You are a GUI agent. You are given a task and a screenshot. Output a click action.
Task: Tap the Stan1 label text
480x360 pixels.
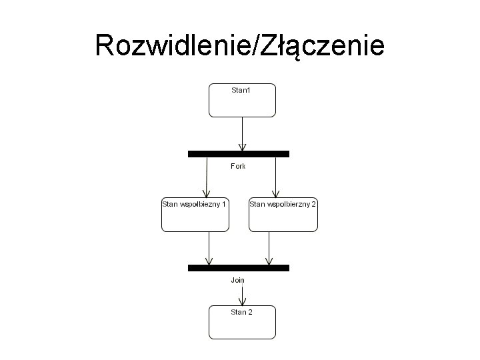[x=241, y=89]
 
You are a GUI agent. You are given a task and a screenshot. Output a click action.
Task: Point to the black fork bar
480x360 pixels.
[x=238, y=153]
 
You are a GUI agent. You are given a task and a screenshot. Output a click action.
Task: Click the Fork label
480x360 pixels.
[x=238, y=166]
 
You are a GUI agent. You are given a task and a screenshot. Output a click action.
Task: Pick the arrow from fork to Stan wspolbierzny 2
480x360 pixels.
[x=275, y=177]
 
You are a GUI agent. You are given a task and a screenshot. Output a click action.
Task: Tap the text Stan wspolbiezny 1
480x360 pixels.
[x=195, y=203]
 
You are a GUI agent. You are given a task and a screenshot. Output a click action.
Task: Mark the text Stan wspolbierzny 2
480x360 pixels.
[x=283, y=203]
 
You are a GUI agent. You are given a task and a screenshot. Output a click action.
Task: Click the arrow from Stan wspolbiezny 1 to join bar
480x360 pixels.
[x=209, y=247]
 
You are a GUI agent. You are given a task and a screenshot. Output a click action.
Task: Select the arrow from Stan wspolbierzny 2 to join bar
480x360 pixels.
[x=268, y=247]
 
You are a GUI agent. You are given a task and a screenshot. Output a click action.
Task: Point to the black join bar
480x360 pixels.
[x=238, y=267]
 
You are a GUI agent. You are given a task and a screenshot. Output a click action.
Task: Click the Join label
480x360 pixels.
[x=238, y=280]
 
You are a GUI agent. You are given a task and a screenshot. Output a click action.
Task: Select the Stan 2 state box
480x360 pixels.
[x=242, y=327]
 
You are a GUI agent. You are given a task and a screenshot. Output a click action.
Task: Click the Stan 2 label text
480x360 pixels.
[x=241, y=311]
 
